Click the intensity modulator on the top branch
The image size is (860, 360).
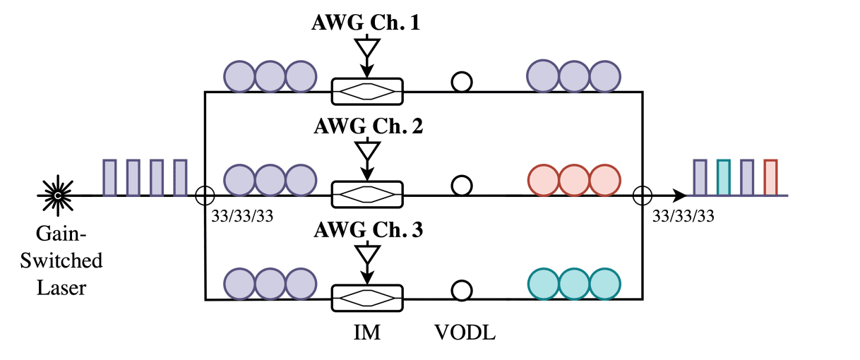[366, 91]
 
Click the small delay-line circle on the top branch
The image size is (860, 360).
[462, 82]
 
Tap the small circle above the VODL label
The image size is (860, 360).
[462, 290]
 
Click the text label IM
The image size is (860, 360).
[366, 332]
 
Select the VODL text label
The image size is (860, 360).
[465, 332]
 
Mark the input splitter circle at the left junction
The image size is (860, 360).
[204, 195]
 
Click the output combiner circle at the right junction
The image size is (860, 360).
[643, 195]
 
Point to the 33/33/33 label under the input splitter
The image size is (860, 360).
[241, 216]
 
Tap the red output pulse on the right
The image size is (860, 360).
[770, 177]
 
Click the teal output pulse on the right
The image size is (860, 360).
[723, 177]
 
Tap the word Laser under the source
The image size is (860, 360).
[61, 288]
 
